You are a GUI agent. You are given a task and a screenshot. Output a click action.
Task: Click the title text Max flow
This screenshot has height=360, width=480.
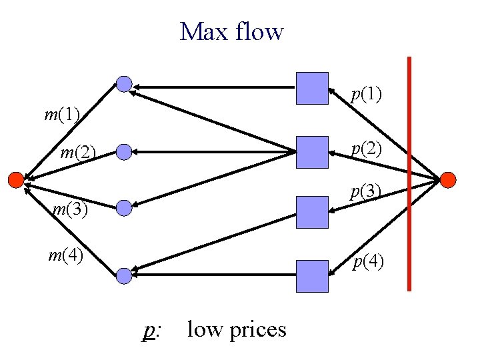click(231, 31)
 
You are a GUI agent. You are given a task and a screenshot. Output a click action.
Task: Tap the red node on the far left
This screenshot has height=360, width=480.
click(15, 179)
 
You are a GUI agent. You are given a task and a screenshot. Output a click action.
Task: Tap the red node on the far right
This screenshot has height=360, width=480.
click(448, 179)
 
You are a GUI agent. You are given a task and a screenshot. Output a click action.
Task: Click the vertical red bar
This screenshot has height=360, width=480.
click(409, 173)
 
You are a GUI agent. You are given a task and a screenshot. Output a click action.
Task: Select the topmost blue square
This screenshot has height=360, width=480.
click(312, 89)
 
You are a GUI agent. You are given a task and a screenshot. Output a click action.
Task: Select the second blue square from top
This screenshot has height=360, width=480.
click(312, 152)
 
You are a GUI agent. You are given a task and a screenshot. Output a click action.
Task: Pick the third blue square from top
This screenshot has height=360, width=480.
click(312, 213)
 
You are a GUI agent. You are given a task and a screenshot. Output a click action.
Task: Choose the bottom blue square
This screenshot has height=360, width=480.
click(312, 276)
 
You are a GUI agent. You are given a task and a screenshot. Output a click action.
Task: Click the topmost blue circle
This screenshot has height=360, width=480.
click(124, 83)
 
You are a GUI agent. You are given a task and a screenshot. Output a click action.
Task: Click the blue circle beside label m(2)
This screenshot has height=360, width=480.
click(124, 153)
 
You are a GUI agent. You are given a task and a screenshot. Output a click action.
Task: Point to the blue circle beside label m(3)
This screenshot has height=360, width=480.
click(124, 209)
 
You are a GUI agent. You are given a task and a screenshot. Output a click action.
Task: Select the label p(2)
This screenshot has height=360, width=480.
click(367, 149)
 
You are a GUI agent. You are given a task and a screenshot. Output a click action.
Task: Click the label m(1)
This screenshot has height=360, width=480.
click(62, 115)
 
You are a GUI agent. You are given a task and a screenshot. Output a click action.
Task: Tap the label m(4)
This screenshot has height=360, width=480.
click(65, 255)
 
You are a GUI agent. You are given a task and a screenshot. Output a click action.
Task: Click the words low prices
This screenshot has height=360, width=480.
click(237, 329)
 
